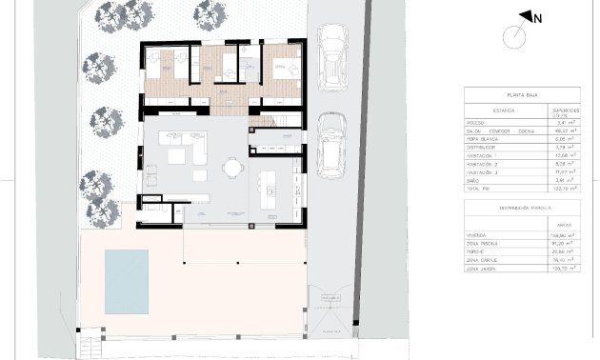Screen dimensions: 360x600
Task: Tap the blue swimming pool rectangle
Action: pyautogui.click(x=126, y=282)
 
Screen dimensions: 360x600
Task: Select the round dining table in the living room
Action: pyautogui.click(x=231, y=169)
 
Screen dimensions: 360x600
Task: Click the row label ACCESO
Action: pyautogui.click(x=476, y=123)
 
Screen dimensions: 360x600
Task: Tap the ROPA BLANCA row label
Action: pyautogui.click(x=482, y=140)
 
